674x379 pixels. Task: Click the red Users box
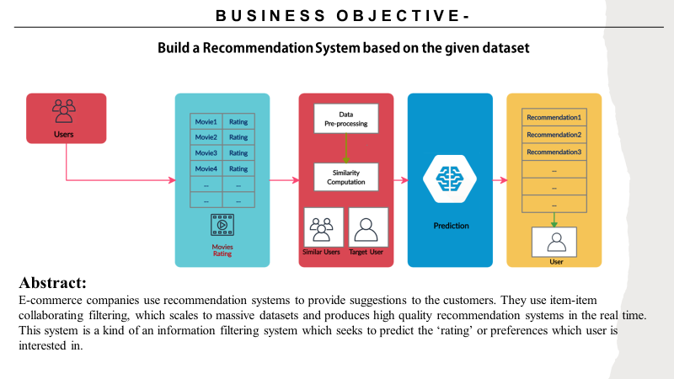point(67,118)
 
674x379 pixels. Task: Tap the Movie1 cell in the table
point(206,121)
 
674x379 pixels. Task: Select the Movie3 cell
point(206,152)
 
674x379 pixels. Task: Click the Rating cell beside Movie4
point(238,168)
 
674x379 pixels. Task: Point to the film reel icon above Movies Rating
point(222,224)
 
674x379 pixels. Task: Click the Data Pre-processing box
point(346,119)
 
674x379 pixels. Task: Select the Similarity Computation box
point(346,176)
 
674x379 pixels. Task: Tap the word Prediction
point(451,226)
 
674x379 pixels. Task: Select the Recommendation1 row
point(554,117)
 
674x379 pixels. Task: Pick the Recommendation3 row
point(554,152)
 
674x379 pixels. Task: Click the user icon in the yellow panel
point(554,243)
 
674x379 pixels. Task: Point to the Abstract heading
point(53,283)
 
